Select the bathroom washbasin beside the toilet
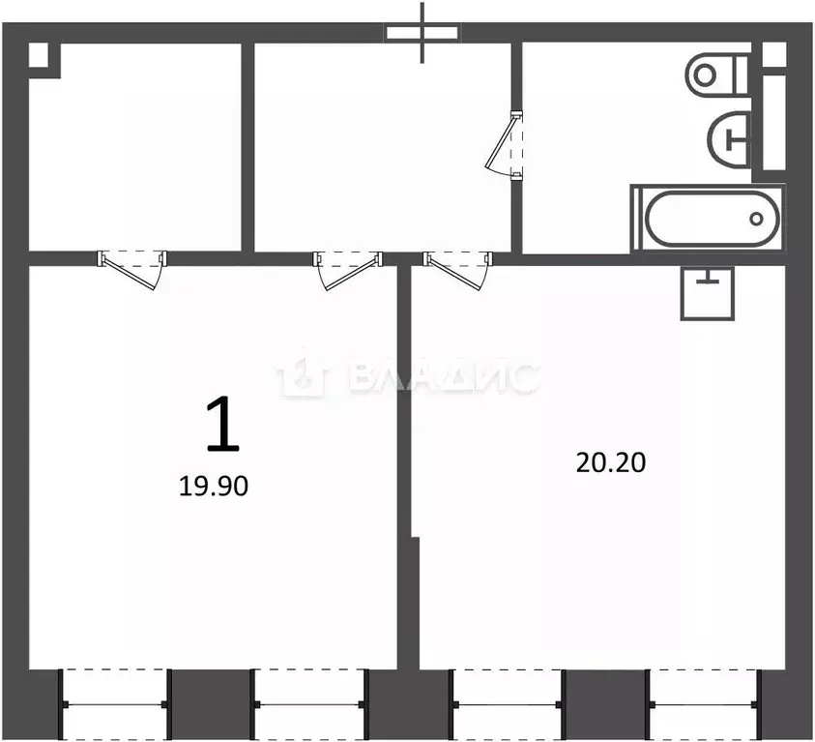tap(730, 137)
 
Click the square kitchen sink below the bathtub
tap(710, 292)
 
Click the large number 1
tap(222, 427)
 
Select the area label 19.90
tap(214, 487)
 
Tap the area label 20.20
tap(610, 462)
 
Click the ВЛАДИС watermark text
tap(440, 377)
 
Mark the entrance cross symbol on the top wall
tap(422, 31)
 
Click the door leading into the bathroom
tap(509, 145)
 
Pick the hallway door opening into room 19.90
tap(348, 267)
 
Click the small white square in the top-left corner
tap(38, 54)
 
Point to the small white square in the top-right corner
tap(774, 54)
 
